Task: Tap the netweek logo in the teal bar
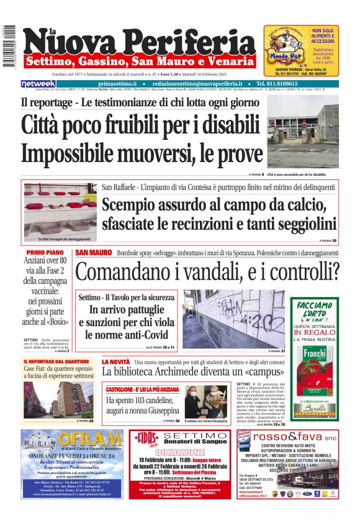click(38, 84)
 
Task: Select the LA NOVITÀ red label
click(116, 362)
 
